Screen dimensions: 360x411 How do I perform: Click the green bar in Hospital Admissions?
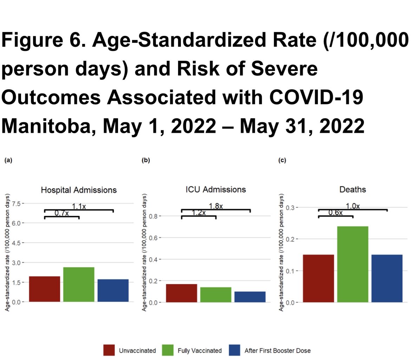click(x=79, y=284)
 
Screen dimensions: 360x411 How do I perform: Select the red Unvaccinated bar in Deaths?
click(x=318, y=278)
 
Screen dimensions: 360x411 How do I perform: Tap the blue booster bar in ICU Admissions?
click(x=250, y=296)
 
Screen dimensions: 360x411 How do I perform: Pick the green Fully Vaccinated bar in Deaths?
click(x=353, y=264)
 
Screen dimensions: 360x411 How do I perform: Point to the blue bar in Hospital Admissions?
click(x=113, y=290)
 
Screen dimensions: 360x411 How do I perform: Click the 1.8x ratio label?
click(x=216, y=206)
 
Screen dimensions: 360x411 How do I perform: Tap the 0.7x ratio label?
click(x=61, y=213)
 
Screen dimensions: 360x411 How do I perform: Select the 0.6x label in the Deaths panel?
click(x=335, y=212)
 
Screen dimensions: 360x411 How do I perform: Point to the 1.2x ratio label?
click(x=198, y=212)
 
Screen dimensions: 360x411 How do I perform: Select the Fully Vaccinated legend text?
click(x=199, y=351)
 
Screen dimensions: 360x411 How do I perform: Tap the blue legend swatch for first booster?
click(x=234, y=350)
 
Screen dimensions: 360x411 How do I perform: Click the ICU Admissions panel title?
click(x=216, y=190)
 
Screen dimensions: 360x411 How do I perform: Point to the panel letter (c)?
click(x=282, y=161)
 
